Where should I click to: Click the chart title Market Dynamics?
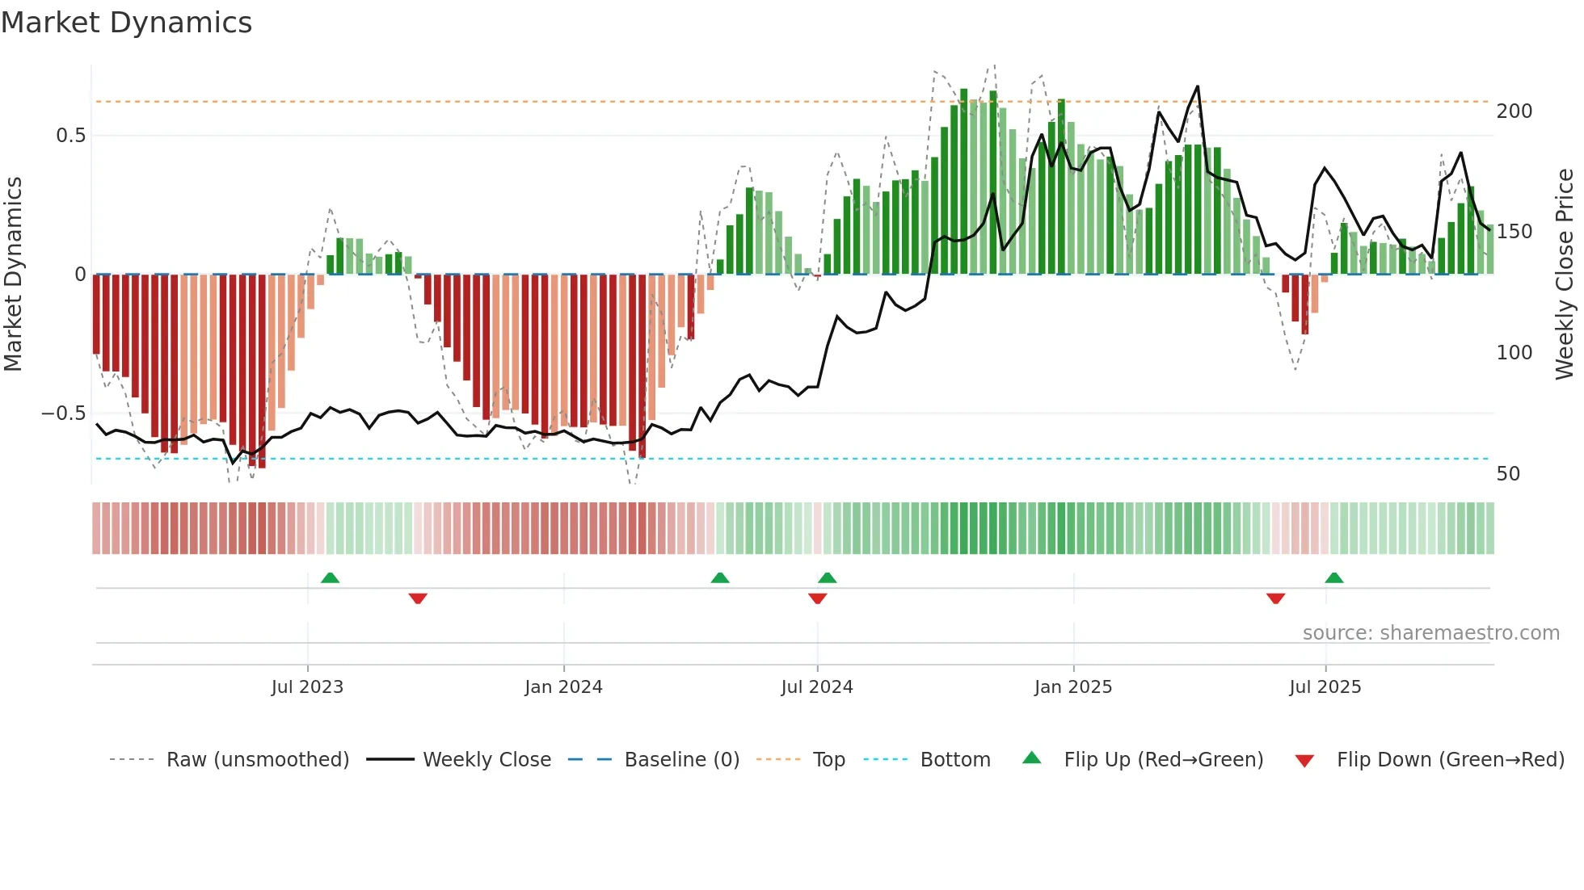(x=127, y=23)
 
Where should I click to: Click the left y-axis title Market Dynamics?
(x=13, y=274)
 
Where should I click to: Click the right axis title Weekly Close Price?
(x=1565, y=274)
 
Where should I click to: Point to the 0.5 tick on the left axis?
(x=71, y=136)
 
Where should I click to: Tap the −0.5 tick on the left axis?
(x=64, y=414)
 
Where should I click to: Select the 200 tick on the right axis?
(x=1514, y=111)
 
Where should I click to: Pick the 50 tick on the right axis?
(x=1508, y=474)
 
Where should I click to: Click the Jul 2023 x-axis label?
(x=307, y=687)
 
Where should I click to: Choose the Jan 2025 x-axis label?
(x=1072, y=687)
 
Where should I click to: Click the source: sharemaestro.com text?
(x=1430, y=633)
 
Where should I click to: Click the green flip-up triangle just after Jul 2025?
(x=1334, y=578)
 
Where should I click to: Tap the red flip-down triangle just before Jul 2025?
(x=1275, y=598)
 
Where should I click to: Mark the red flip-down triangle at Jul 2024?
(x=817, y=598)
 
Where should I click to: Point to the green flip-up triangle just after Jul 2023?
(x=330, y=578)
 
